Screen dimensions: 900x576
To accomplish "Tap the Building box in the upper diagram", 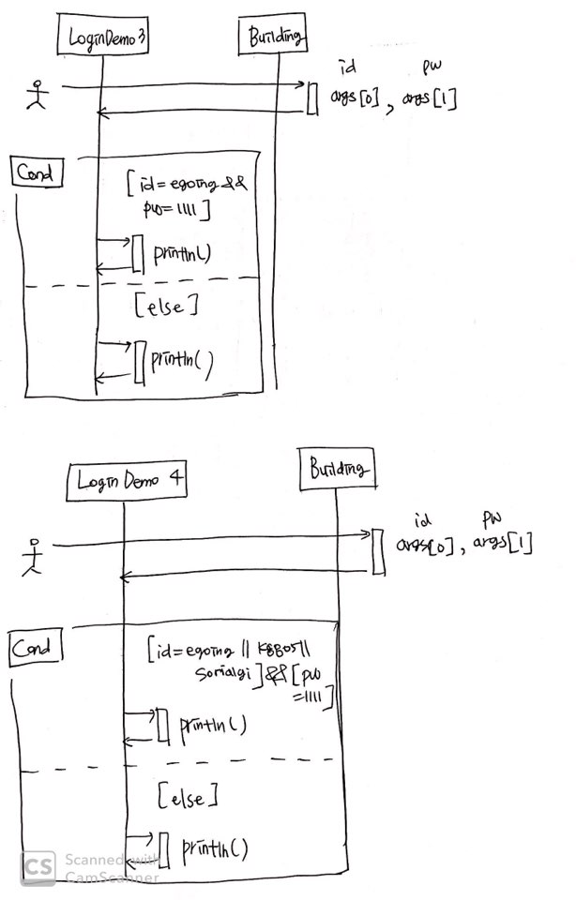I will [275, 37].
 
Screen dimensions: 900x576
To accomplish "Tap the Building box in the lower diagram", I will [341, 468].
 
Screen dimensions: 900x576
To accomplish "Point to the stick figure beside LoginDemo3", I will [36, 95].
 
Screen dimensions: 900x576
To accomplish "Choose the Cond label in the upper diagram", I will [36, 172].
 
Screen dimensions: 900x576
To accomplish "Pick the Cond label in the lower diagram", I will [36, 647].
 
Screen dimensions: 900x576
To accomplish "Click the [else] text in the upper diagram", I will [169, 306].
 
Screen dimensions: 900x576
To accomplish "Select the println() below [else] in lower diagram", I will [214, 849].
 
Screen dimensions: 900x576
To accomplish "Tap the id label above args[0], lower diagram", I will [421, 519].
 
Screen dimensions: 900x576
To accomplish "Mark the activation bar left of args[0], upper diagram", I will [312, 97].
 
